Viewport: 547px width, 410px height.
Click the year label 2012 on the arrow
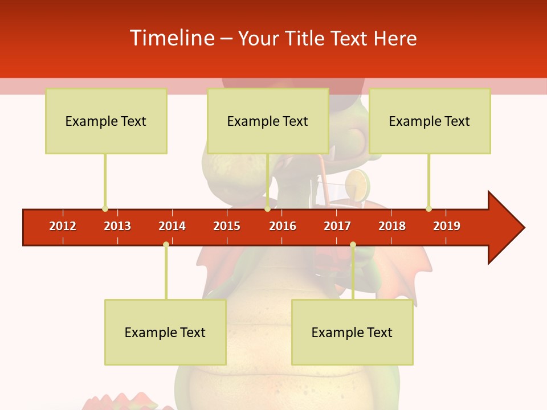(63, 226)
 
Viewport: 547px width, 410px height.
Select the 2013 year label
(117, 226)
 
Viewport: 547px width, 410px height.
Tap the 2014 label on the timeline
(172, 226)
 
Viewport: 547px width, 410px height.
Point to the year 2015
(227, 226)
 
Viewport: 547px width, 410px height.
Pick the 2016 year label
(283, 226)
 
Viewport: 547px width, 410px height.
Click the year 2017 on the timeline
(337, 226)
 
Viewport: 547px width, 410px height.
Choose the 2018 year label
(392, 226)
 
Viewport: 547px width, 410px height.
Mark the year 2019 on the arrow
(447, 226)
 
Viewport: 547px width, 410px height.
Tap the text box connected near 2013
(106, 121)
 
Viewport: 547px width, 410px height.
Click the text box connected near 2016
(268, 121)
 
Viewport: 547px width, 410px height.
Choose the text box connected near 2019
(430, 121)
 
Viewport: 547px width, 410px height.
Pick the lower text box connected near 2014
(165, 332)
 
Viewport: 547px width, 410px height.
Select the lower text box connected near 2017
(352, 332)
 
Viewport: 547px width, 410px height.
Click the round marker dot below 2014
(166, 244)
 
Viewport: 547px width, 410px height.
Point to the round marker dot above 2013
(105, 208)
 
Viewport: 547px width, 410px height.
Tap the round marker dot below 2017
(353, 244)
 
